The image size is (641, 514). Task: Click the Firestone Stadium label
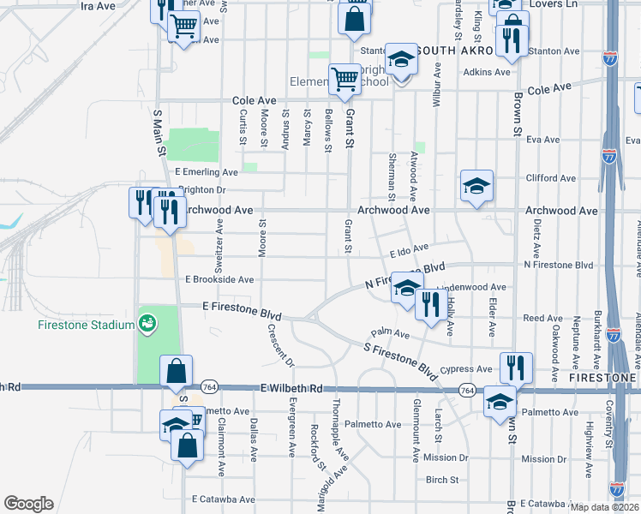pyautogui.click(x=86, y=325)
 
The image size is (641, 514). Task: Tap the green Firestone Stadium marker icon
pyautogui.click(x=147, y=324)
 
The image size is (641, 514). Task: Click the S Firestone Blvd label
pyautogui.click(x=400, y=362)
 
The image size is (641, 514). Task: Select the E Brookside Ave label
pyautogui.click(x=219, y=279)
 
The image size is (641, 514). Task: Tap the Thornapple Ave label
pyautogui.click(x=339, y=440)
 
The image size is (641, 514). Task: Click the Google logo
pyautogui.click(x=28, y=504)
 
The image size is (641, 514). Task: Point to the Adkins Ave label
pyautogui.click(x=486, y=72)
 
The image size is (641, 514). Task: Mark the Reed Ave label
pyautogui.click(x=542, y=318)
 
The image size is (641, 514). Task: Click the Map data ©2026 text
pyautogui.click(x=603, y=507)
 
